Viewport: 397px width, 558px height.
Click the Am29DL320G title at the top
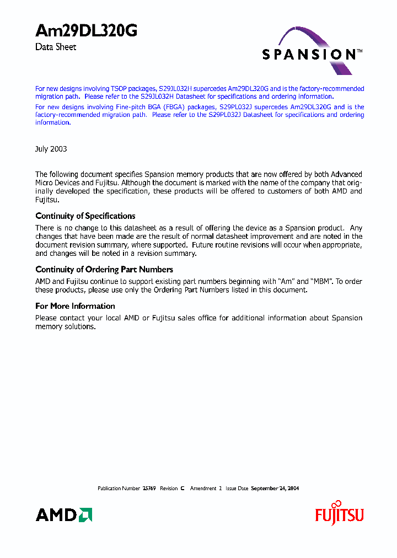pyautogui.click(x=86, y=31)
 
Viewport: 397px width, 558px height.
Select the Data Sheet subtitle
pyautogui.click(x=56, y=47)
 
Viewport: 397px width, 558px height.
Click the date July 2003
pyautogui.click(x=51, y=149)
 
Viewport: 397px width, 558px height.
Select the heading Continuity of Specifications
pyautogui.click(x=85, y=216)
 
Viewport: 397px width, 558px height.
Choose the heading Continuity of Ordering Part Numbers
pyautogui.click(x=104, y=270)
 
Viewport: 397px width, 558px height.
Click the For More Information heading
pyautogui.click(x=75, y=306)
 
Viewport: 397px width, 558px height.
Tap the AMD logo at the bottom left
pyautogui.click(x=63, y=515)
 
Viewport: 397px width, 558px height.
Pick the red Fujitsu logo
pyautogui.click(x=339, y=515)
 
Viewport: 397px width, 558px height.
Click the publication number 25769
pyautogui.click(x=149, y=489)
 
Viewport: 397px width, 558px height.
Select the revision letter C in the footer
pyautogui.click(x=182, y=489)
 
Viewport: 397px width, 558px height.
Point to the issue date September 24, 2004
pyautogui.click(x=275, y=489)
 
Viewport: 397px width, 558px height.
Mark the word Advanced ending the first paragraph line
pyautogui.click(x=346, y=174)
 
